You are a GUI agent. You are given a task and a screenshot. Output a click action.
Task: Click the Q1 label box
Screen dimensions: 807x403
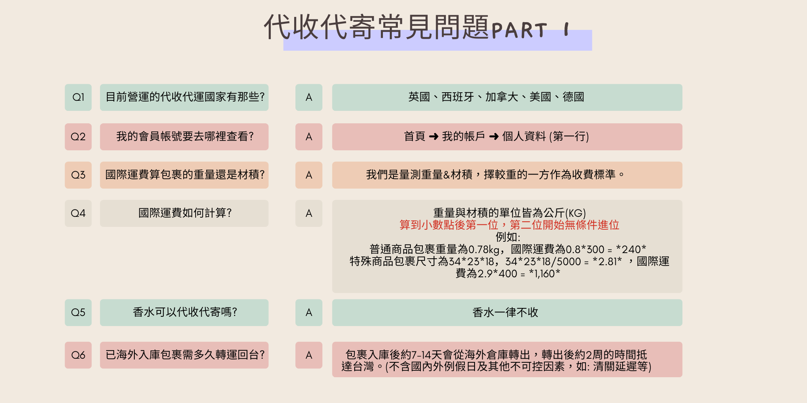(78, 97)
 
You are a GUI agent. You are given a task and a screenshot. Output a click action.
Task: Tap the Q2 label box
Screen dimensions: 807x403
(78, 137)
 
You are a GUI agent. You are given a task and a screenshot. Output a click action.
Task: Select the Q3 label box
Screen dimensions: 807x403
(78, 175)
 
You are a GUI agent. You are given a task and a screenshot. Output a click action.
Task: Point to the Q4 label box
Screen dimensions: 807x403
(78, 213)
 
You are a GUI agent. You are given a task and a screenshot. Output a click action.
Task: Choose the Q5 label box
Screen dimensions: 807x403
(78, 312)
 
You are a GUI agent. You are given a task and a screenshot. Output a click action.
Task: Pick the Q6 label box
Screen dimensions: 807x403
(78, 355)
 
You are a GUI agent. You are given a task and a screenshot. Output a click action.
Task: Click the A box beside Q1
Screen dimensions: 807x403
(309, 97)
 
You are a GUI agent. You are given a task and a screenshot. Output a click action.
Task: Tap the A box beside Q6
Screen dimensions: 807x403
(309, 355)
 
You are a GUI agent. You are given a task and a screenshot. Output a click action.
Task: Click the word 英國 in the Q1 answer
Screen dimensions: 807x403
(419, 97)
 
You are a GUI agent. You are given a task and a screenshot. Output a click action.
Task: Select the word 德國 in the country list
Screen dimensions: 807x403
(573, 97)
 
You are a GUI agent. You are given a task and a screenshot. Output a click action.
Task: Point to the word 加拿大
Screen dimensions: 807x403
(502, 97)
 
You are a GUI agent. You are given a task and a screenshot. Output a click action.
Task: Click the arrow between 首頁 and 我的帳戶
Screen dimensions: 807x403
(434, 137)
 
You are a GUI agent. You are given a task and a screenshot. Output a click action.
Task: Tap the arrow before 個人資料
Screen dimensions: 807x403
(494, 137)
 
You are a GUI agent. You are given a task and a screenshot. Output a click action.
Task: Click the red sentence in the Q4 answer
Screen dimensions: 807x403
(509, 225)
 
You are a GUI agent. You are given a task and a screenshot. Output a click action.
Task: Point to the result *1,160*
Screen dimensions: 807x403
(544, 274)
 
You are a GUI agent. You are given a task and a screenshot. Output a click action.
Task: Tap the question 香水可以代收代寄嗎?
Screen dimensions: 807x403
(185, 312)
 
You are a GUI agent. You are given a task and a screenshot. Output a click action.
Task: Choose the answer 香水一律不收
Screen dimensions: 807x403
(505, 312)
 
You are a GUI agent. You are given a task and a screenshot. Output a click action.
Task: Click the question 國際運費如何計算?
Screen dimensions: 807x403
(185, 213)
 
